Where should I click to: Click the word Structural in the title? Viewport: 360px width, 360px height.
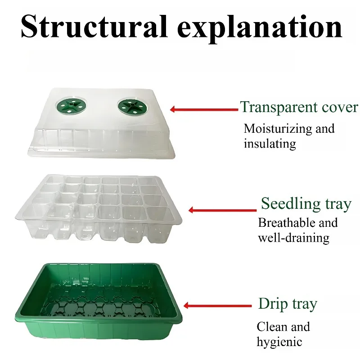94,27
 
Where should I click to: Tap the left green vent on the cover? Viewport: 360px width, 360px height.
71,106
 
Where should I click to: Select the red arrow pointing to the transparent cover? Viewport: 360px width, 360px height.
204,109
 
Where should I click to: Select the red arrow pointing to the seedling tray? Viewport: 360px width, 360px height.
222,210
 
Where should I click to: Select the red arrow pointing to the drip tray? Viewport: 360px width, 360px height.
217,306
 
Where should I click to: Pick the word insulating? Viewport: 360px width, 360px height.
270,144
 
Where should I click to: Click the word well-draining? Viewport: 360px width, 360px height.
294,238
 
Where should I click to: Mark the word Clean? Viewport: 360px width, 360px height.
272,327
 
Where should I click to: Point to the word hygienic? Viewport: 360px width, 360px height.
279,342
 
